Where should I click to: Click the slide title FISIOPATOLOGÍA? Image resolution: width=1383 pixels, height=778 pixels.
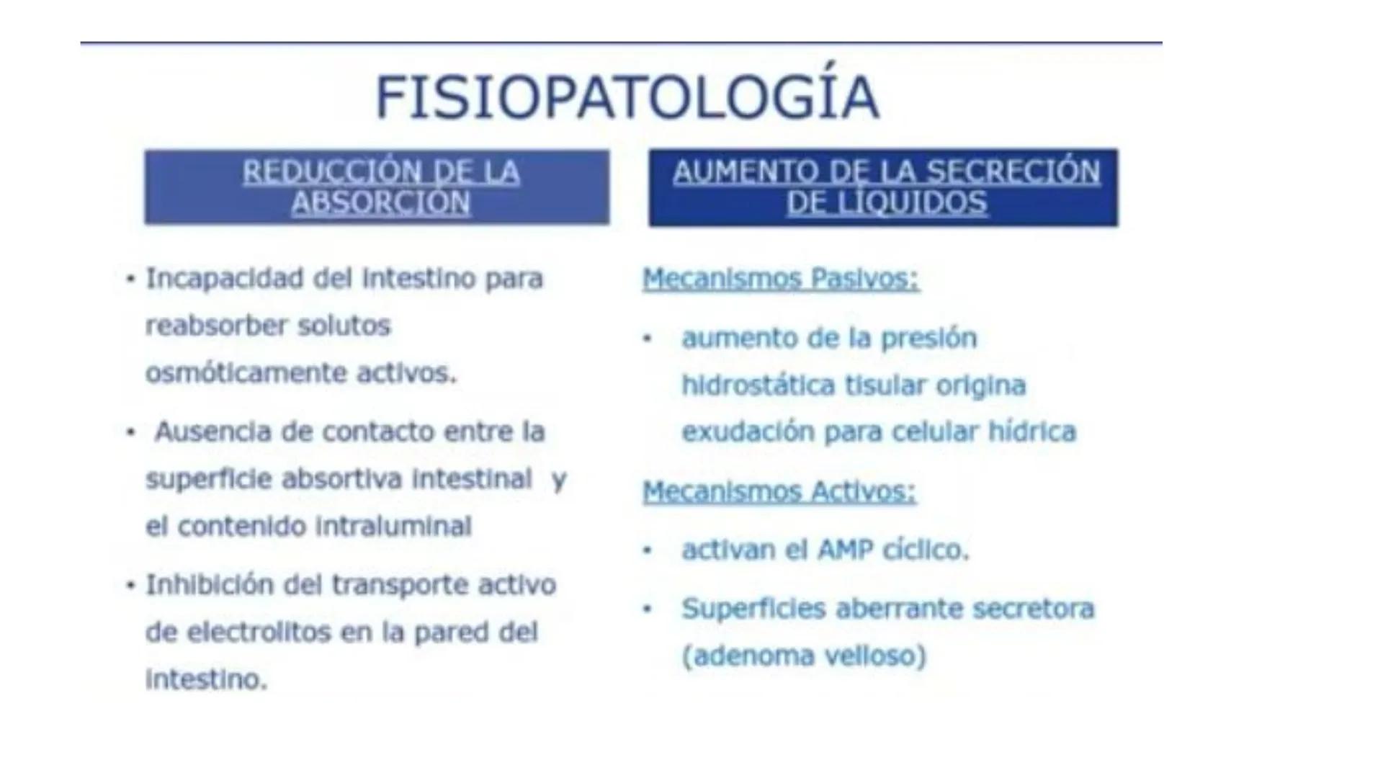tap(627, 97)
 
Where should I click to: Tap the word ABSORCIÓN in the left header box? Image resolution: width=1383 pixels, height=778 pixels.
tap(380, 203)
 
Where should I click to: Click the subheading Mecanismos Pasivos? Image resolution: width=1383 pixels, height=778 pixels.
tap(781, 279)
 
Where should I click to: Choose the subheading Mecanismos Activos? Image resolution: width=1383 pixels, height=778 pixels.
tap(779, 492)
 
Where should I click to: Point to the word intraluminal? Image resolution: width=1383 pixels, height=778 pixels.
tap(394, 527)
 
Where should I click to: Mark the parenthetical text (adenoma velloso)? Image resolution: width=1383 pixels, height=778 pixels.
tap(804, 656)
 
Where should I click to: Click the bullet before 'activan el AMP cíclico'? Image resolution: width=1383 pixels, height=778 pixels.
tap(647, 550)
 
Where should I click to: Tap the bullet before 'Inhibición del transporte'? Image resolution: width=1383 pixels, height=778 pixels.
tap(130, 585)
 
